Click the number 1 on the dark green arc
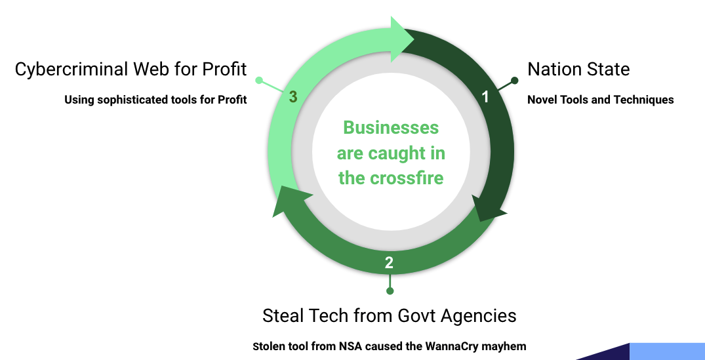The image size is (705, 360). (485, 97)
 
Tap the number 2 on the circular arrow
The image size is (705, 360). (389, 263)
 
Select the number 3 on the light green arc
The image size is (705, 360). (293, 97)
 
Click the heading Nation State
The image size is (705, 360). (578, 69)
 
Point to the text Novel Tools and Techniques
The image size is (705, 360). (600, 100)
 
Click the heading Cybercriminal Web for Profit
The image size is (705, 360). (131, 69)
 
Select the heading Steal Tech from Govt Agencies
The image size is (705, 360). (389, 315)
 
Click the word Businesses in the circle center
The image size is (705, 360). (391, 127)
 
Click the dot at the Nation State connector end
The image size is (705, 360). (515, 81)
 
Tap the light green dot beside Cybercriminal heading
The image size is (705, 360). (259, 81)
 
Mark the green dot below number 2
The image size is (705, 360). (390, 290)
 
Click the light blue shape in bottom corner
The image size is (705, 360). (666, 351)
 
